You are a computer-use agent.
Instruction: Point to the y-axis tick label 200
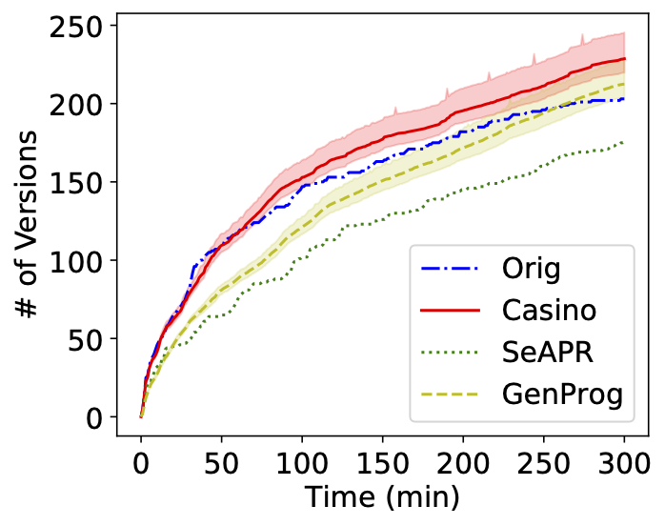click(x=79, y=103)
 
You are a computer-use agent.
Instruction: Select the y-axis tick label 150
click(x=79, y=182)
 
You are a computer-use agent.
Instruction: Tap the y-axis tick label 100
click(x=79, y=260)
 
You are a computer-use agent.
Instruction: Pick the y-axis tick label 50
click(x=88, y=338)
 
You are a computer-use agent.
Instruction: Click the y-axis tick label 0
click(x=96, y=417)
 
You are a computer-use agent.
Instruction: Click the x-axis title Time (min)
click(x=382, y=497)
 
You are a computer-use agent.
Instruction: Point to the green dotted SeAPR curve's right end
click(x=624, y=142)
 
